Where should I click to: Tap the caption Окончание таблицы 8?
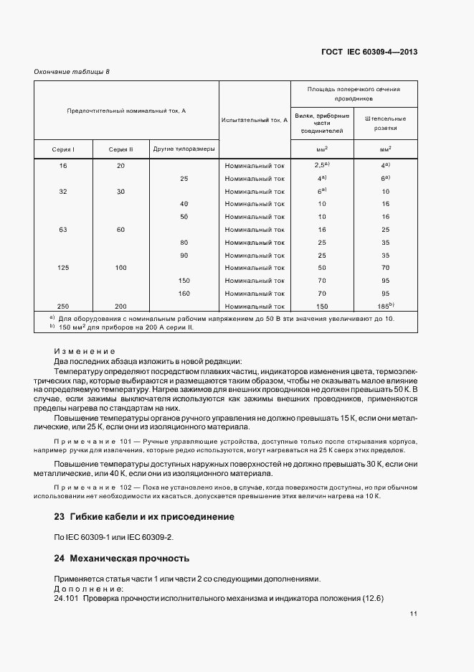click(72, 71)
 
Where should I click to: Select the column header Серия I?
click(63, 149)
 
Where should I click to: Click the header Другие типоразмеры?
click(184, 149)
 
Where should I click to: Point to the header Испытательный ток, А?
click(255, 120)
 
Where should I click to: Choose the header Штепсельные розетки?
click(386, 124)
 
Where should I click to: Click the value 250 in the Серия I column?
click(63, 306)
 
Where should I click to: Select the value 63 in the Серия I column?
click(63, 230)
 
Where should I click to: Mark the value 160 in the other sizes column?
click(184, 293)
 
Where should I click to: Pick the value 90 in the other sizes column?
click(184, 255)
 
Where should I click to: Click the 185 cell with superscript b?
click(386, 305)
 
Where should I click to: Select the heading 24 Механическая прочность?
click(121, 558)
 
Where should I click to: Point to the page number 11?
click(414, 615)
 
